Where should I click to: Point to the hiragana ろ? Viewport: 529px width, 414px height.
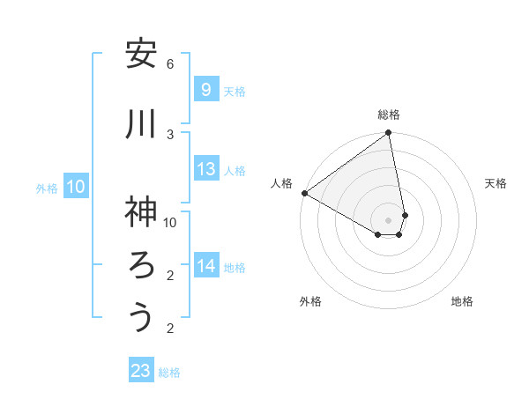(x=140, y=265)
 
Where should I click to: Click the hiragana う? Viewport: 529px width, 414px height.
(x=140, y=317)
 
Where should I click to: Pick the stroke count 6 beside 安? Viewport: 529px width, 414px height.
(x=170, y=64)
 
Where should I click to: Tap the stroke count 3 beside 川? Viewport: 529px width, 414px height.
(x=170, y=134)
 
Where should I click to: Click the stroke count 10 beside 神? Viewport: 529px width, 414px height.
(x=170, y=222)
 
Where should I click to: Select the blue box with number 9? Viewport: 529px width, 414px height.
(x=205, y=89)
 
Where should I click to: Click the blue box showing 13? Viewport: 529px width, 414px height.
(x=205, y=169)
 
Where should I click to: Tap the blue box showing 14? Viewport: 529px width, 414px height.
(x=205, y=265)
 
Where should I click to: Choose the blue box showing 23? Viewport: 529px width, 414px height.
(x=141, y=371)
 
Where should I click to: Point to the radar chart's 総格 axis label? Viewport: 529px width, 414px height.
(x=389, y=115)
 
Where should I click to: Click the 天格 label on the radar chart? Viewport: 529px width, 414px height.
(x=496, y=183)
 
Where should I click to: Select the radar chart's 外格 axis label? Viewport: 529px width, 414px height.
(x=310, y=301)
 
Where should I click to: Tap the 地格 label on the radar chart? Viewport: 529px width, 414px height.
(x=462, y=301)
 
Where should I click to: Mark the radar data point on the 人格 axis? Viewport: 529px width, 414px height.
(x=304, y=193)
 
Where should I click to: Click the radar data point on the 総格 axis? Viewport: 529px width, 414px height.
(x=389, y=134)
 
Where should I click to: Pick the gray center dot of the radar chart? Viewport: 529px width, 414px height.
(x=388, y=219)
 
